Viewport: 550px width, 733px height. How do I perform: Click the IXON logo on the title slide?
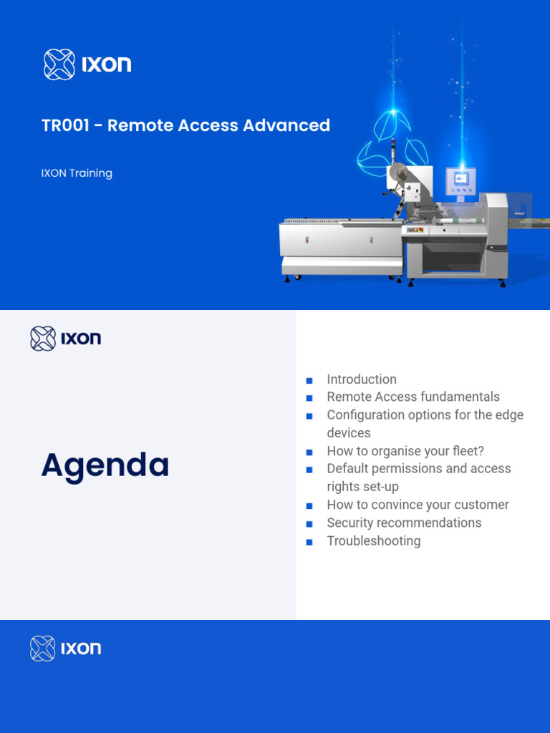(x=87, y=64)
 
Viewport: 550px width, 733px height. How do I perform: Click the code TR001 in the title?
(x=65, y=125)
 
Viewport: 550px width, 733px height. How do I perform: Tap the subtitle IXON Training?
(x=77, y=173)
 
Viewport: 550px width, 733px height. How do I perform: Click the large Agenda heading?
(x=105, y=465)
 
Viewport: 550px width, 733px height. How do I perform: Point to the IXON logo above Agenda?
(x=65, y=339)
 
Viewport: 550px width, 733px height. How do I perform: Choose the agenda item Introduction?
(x=361, y=379)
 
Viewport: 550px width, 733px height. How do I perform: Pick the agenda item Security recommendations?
(x=404, y=523)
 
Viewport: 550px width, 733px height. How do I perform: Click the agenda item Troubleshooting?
(x=373, y=541)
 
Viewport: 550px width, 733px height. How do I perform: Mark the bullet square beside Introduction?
(x=309, y=381)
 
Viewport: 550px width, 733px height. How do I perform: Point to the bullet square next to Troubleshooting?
(x=309, y=543)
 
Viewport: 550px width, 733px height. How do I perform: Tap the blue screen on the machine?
(x=461, y=180)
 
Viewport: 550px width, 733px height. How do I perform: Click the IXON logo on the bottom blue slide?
(x=65, y=649)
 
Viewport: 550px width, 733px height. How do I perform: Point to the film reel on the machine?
(x=397, y=173)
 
